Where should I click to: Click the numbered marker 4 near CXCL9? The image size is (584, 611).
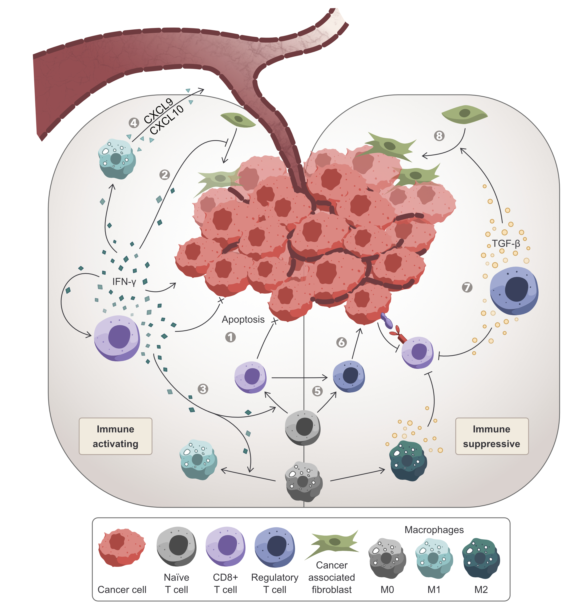pos(134,123)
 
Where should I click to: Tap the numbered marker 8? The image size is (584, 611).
pos(439,136)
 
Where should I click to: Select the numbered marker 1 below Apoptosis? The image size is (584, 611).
pos(230,337)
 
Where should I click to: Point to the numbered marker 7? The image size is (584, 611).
pos(467,287)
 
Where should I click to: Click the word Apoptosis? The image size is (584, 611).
pos(243,319)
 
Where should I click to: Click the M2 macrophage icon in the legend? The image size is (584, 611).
pos(481,558)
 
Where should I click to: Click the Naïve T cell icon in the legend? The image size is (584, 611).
pos(177,546)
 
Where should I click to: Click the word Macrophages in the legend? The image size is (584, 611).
pos(434,529)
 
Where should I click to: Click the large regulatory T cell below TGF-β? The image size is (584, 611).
pos(514,290)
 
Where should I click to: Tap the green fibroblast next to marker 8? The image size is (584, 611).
pos(464,114)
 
